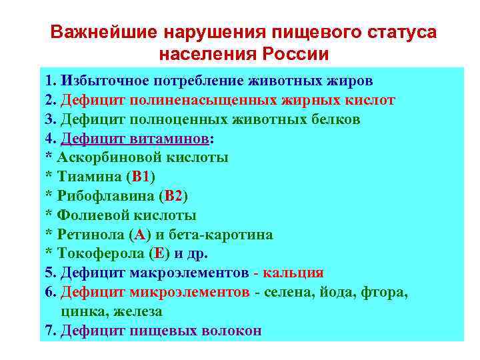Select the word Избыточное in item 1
103,81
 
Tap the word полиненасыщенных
203,101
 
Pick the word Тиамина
91,177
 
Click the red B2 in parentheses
174,196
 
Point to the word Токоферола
99,254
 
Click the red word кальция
294,273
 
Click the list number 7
49,331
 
